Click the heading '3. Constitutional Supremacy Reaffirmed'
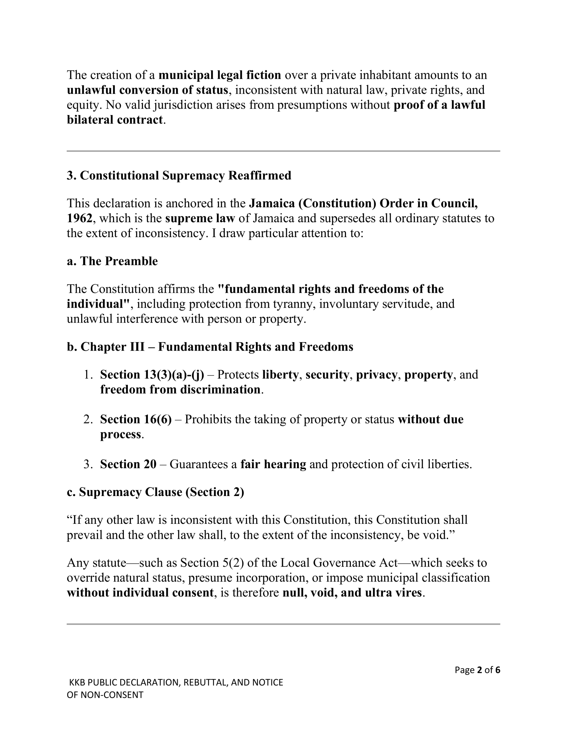click(179, 175)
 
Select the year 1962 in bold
click(79, 218)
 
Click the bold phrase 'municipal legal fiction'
click(220, 75)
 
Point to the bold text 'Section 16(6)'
click(136, 419)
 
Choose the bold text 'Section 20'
click(128, 464)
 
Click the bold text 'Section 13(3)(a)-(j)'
click(152, 375)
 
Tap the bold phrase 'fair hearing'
click(273, 464)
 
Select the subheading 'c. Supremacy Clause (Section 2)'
click(155, 492)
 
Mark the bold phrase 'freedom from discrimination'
click(180, 390)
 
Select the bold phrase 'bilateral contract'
click(115, 120)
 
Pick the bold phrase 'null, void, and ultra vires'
click(352, 593)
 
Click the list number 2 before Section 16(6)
click(88, 419)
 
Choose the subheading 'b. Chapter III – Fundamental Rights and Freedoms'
click(210, 347)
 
